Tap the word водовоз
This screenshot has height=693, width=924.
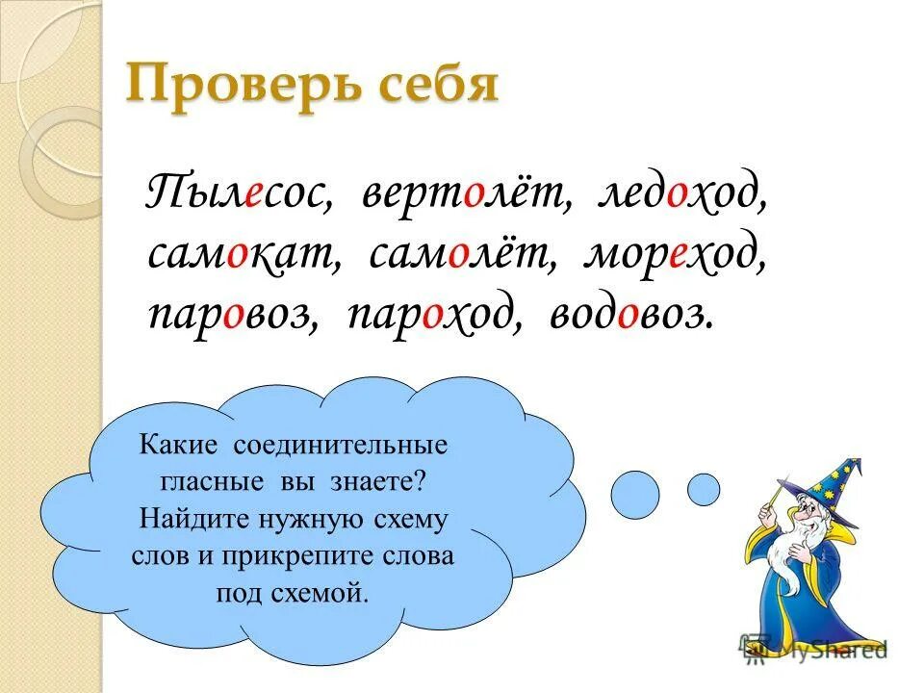coord(631,316)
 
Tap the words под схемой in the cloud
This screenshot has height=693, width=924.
coord(293,591)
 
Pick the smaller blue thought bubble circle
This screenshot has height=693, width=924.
coord(703,489)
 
